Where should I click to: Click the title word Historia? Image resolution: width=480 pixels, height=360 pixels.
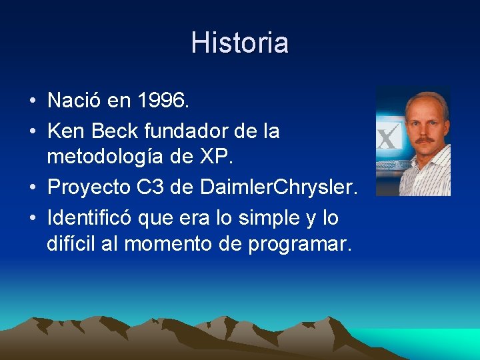click(x=239, y=43)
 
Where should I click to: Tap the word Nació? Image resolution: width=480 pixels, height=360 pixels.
click(x=75, y=101)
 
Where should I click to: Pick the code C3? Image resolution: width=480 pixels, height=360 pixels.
click(x=151, y=188)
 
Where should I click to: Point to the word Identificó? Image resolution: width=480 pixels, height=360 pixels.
click(x=94, y=217)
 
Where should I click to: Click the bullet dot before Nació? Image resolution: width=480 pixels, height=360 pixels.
click(x=32, y=102)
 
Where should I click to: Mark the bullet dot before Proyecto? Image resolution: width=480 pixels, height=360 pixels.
click(x=32, y=189)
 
